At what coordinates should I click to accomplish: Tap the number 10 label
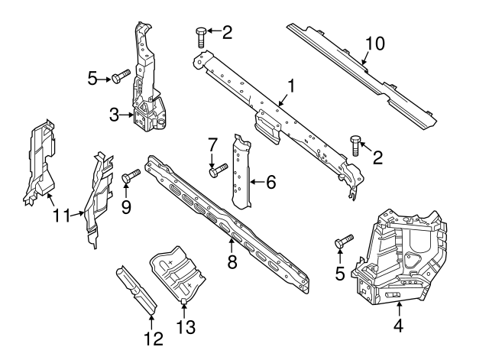(375, 44)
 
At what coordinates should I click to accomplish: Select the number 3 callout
(114, 115)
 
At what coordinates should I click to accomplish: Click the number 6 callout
(270, 182)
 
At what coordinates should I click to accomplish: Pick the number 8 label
(232, 263)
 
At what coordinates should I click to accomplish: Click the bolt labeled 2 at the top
(201, 35)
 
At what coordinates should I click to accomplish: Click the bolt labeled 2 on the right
(355, 143)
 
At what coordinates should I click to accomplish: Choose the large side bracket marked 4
(401, 256)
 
